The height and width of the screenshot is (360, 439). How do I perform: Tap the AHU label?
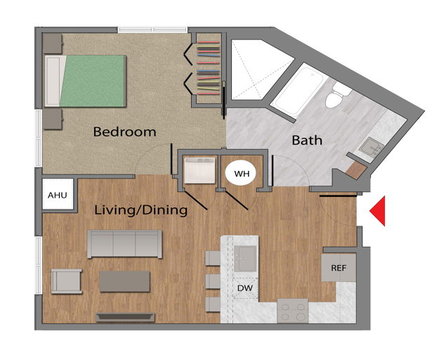click(58, 195)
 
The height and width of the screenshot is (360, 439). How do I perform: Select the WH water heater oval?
click(242, 174)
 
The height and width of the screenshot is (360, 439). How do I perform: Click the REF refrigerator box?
click(339, 268)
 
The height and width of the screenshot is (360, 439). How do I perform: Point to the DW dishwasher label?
click(245, 288)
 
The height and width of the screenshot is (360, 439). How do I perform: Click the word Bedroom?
click(124, 131)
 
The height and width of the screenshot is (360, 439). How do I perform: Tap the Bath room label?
click(307, 140)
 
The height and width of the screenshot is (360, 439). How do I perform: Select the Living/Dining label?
click(140, 210)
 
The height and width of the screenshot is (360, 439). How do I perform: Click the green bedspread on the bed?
click(93, 81)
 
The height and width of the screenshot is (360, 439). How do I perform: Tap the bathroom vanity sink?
click(371, 146)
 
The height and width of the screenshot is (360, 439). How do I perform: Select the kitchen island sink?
click(245, 259)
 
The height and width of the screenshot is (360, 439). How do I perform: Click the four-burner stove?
click(293, 311)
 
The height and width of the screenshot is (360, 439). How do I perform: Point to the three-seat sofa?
click(124, 244)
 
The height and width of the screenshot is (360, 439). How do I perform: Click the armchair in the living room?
click(66, 281)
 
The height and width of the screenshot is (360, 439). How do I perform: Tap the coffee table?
click(124, 281)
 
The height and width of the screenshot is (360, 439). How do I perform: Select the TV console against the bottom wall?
click(125, 317)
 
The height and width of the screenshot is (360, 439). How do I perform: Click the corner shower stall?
click(258, 69)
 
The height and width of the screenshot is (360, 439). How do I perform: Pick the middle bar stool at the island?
click(213, 281)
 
